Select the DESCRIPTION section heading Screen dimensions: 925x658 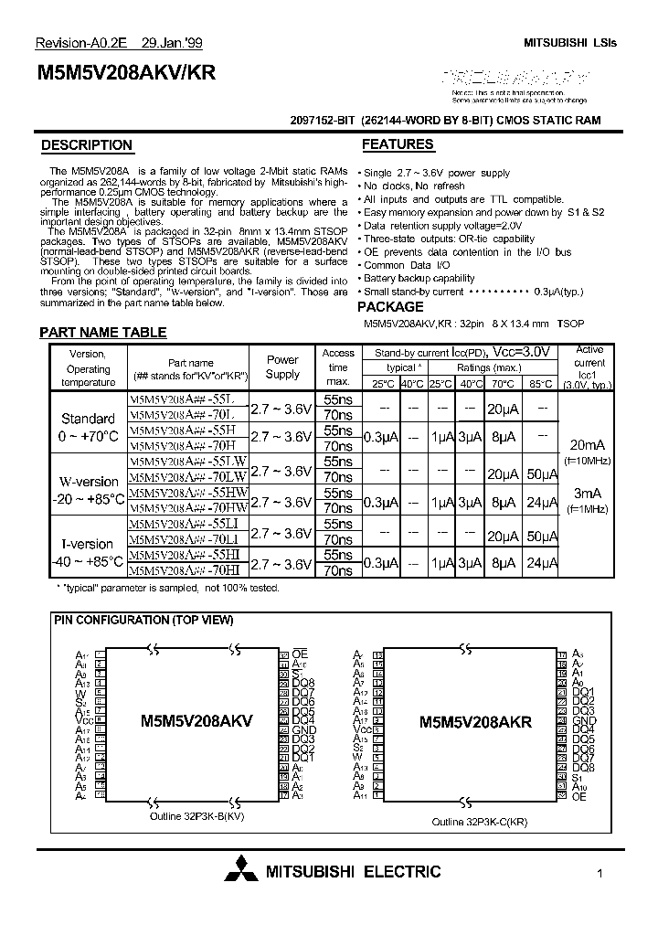point(87,145)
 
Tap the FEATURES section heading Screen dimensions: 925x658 point(398,144)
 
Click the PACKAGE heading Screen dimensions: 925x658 point(390,307)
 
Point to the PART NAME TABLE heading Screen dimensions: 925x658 point(103,334)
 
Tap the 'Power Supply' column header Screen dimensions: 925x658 point(282,367)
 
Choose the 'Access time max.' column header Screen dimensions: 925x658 point(338,367)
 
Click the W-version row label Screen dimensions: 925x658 point(89,482)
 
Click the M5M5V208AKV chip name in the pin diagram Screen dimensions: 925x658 point(196,720)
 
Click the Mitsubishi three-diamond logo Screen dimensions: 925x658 point(242,873)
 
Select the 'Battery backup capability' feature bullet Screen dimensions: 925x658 point(419,279)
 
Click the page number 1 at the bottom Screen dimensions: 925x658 point(599,874)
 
